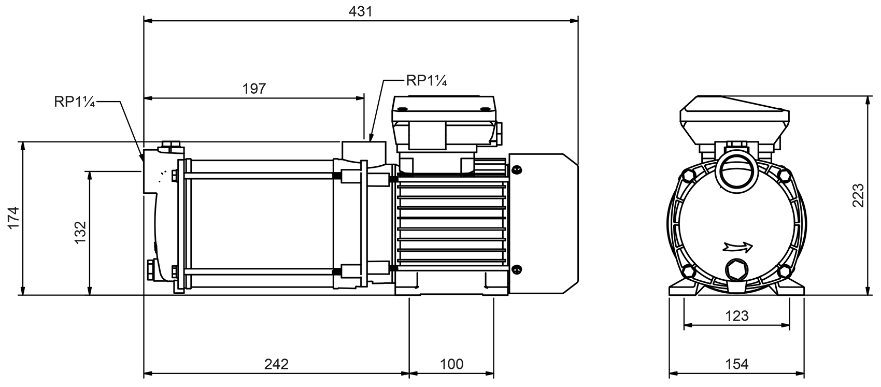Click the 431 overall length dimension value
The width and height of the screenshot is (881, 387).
click(x=361, y=11)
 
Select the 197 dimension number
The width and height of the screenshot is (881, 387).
click(x=254, y=88)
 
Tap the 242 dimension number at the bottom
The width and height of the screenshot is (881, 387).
click(x=276, y=364)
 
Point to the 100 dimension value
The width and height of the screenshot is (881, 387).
click(x=451, y=364)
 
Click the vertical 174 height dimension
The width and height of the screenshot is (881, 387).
click(x=14, y=218)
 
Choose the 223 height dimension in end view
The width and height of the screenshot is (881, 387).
click(x=859, y=195)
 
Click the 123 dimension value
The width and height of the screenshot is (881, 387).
click(x=736, y=316)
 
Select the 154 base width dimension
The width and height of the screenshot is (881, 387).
click(x=736, y=364)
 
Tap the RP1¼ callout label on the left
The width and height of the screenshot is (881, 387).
click(x=74, y=102)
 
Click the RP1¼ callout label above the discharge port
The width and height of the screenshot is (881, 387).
click(x=426, y=81)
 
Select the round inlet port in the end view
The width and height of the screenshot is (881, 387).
click(x=735, y=169)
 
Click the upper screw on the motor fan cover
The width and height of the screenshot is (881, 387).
click(x=517, y=168)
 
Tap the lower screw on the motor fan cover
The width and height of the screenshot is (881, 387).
click(x=517, y=268)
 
